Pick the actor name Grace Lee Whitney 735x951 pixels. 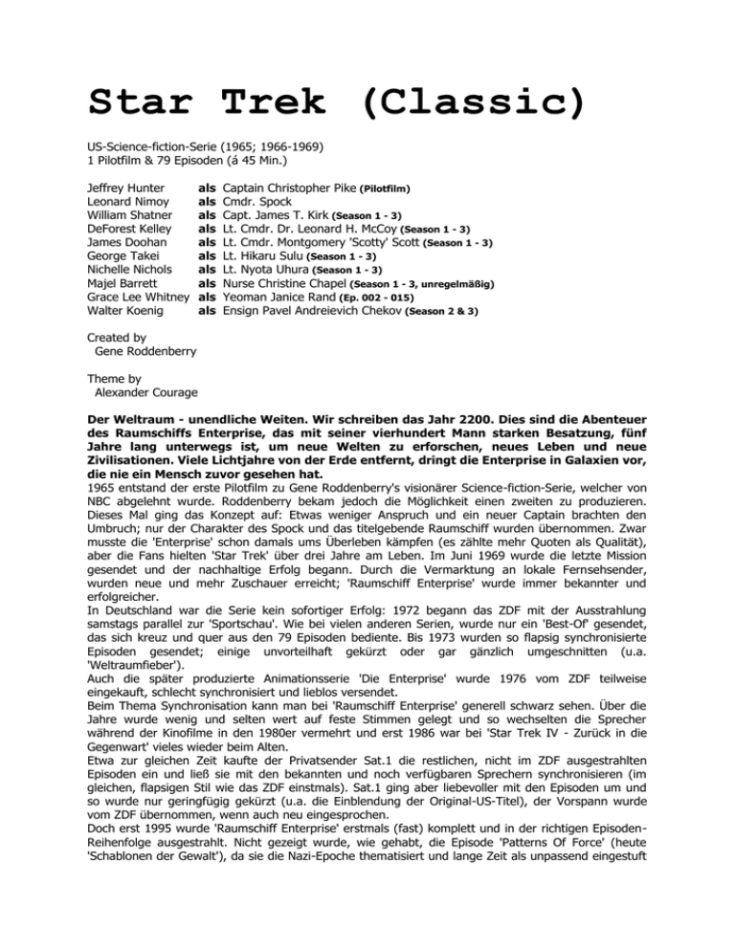(x=131, y=297)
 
